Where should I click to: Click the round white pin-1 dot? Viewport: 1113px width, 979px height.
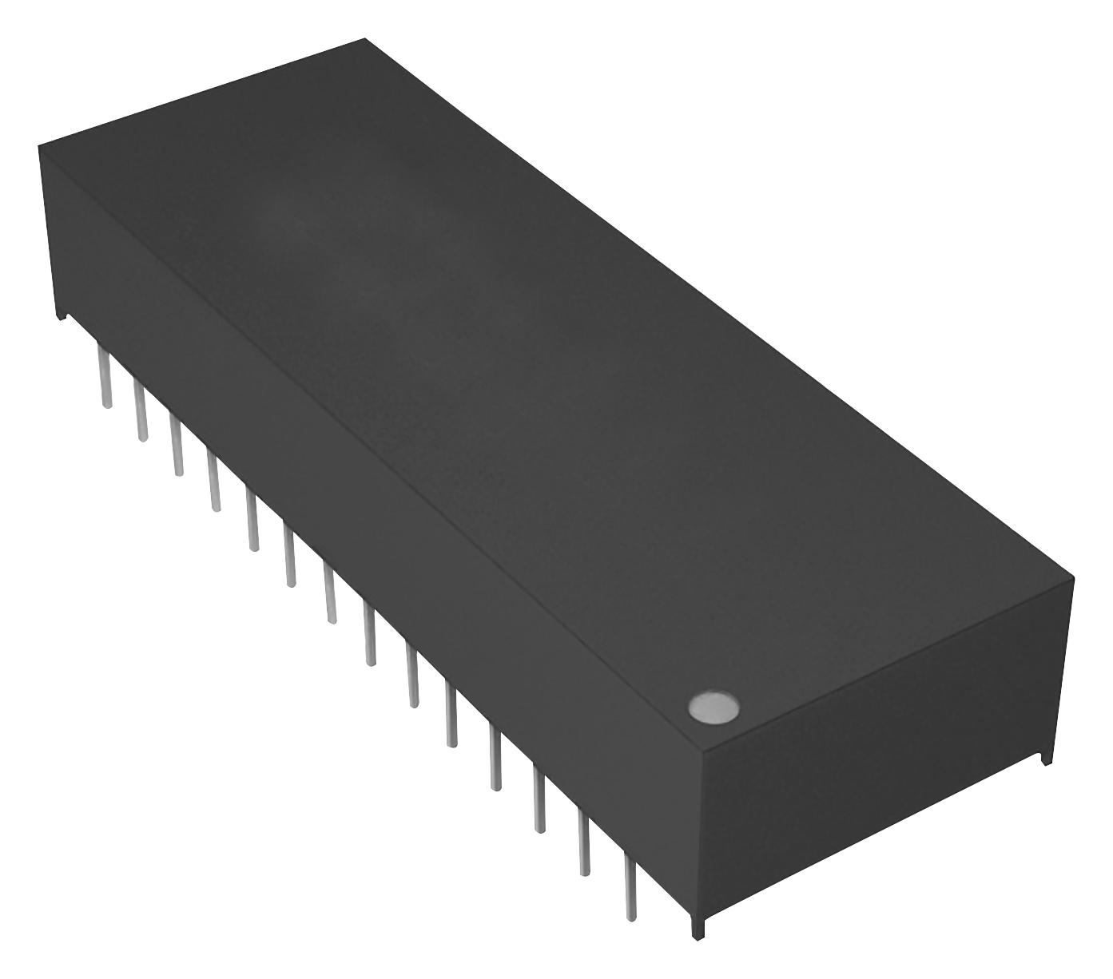(x=713, y=707)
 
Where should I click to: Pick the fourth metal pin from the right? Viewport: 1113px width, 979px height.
(x=495, y=759)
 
